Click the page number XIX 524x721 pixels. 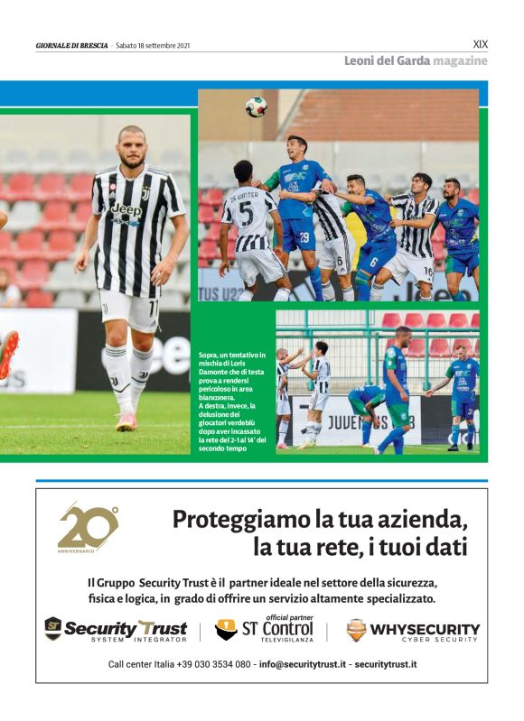(x=481, y=42)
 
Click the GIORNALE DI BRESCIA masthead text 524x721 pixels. (x=71, y=44)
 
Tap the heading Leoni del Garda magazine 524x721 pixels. (x=416, y=60)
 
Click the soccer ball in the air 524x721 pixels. (x=256, y=106)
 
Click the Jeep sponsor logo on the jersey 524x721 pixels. (x=126, y=210)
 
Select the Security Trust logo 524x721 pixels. (x=115, y=629)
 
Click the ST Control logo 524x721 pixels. (x=264, y=628)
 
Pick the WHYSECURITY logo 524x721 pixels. (x=413, y=629)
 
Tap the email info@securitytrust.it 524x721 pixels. (x=303, y=664)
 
